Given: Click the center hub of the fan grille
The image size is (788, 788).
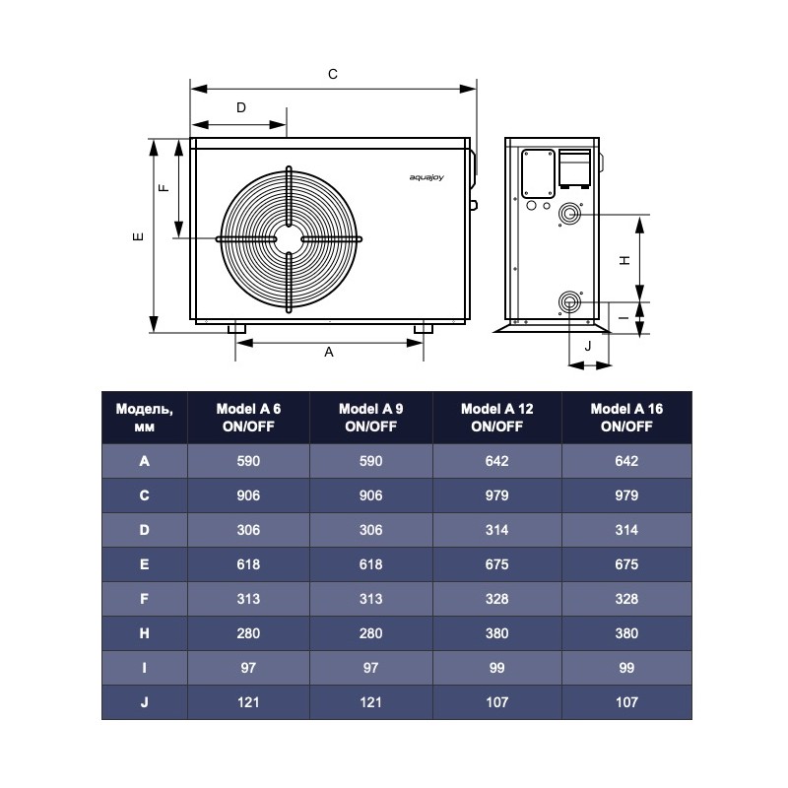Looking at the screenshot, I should coord(289,239).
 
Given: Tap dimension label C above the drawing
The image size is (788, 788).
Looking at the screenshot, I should coord(333,74).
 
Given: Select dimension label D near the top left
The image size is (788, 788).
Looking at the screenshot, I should coord(239,107).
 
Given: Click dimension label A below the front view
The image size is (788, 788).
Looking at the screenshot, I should coord(329,352).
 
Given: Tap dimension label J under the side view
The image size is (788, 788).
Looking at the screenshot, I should coord(588,346).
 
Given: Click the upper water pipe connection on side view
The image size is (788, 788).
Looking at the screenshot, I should coord(569,215).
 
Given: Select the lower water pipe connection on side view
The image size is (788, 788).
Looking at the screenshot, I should coord(569,301).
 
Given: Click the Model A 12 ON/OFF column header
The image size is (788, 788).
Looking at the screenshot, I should coord(496,418).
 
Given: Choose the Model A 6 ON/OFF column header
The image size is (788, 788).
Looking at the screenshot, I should coord(248,418).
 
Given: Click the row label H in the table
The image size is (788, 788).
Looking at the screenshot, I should coord(144,633).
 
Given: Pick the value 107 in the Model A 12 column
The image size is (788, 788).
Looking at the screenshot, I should coord(496,702).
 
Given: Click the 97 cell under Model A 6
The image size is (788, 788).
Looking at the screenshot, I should coord(248,668).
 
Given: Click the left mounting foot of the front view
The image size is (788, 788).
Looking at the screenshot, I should coord(237,328).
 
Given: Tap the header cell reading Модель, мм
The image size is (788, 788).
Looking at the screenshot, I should coord(144,418).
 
